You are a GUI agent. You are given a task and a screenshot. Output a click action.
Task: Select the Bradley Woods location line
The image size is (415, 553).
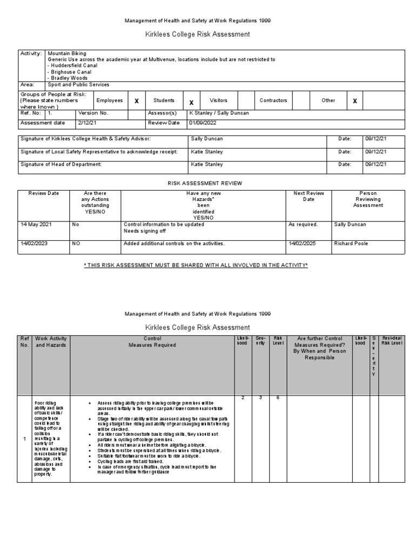point(68,78)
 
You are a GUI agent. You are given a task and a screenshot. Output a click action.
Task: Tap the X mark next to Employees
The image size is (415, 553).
point(137,101)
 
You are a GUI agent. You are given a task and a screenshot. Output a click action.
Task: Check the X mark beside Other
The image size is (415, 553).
point(354,101)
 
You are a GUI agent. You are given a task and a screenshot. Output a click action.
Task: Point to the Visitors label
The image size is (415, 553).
point(218,100)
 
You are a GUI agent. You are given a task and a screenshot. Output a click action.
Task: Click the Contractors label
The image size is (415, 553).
point(273,100)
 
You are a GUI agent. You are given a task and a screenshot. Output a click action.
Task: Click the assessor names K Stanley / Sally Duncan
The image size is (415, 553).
point(219,113)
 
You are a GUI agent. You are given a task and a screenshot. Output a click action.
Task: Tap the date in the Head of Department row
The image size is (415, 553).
point(376,164)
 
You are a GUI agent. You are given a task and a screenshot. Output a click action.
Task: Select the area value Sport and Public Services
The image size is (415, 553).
point(78,85)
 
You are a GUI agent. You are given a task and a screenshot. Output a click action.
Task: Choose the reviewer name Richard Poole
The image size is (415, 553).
point(351,244)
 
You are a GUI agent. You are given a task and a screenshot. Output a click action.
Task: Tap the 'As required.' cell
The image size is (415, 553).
point(303,224)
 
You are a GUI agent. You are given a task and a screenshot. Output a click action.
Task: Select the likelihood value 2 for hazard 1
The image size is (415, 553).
point(243,398)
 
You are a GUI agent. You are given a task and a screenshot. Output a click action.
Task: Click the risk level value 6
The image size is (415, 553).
point(278,398)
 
